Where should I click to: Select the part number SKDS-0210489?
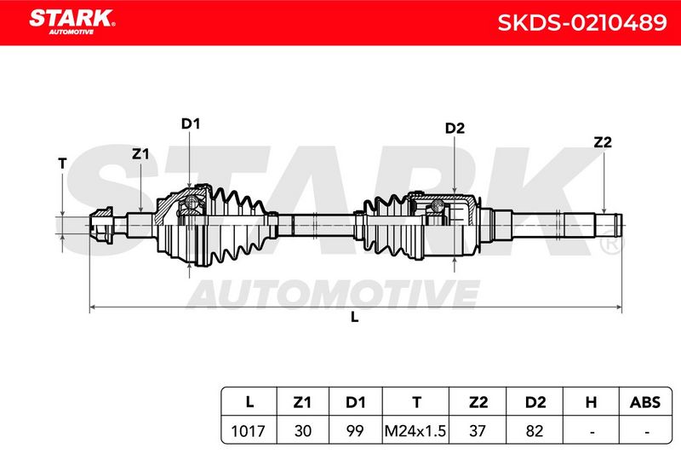(581, 23)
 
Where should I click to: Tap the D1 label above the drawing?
(190, 124)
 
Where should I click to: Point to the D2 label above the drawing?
(455, 128)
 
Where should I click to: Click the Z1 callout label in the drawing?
(140, 153)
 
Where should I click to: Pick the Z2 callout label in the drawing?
(603, 142)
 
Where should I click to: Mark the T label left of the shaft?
(62, 164)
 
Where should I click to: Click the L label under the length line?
(354, 317)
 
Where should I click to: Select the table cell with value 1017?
(248, 431)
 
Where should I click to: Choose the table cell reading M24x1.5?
(415, 431)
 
